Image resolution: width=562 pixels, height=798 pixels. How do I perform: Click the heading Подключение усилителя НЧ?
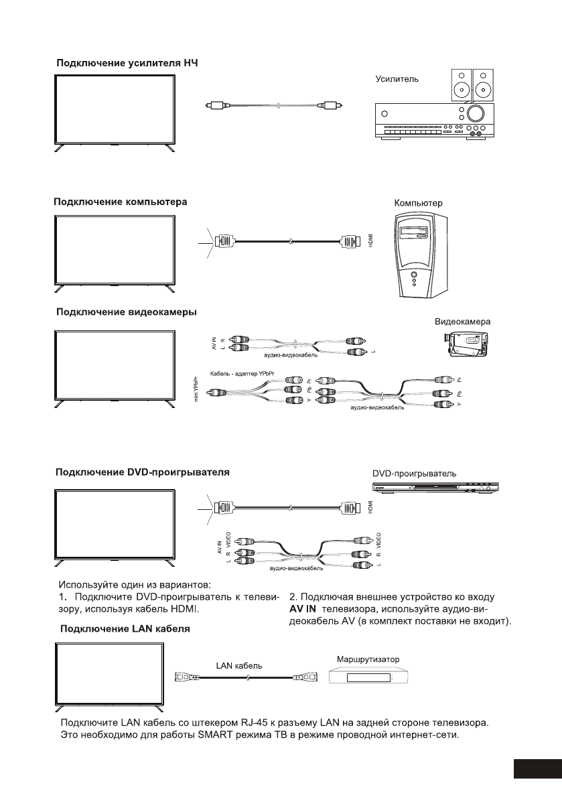point(127,63)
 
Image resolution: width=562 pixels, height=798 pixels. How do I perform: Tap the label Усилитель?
point(397,78)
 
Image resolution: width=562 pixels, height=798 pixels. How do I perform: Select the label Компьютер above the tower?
point(418,202)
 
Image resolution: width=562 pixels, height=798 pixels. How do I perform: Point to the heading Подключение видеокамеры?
point(126,312)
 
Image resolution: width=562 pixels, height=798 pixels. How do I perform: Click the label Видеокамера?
point(463,322)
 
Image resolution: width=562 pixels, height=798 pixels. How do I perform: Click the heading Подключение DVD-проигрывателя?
point(142,472)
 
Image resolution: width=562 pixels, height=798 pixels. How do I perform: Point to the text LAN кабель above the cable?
point(239,666)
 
